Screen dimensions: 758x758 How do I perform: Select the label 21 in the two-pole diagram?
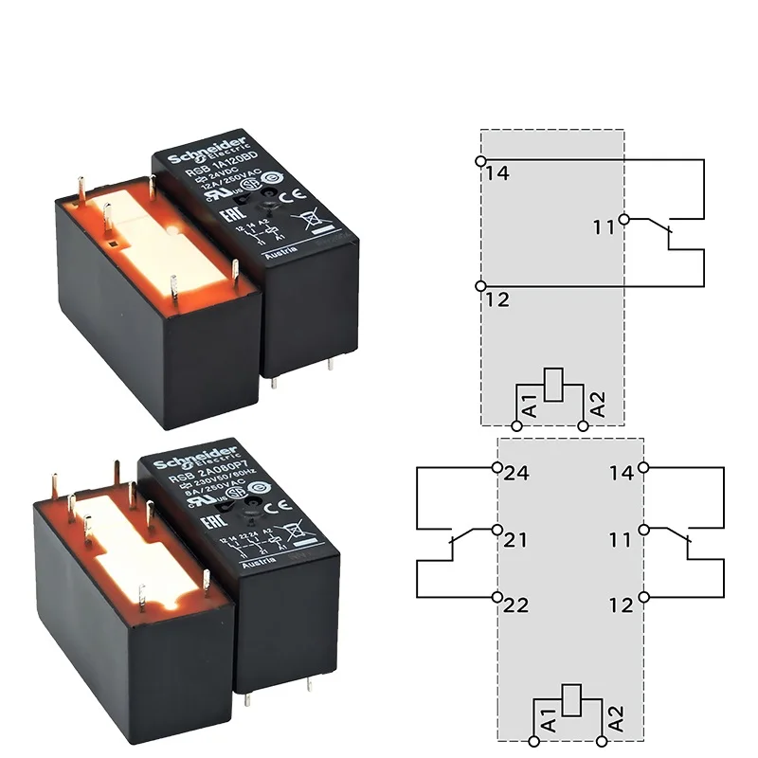click(517, 540)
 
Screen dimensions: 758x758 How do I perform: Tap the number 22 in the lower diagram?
click(517, 605)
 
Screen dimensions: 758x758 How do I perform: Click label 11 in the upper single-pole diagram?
click(604, 226)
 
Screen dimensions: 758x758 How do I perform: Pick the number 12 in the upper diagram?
click(496, 299)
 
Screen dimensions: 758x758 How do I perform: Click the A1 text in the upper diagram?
click(530, 405)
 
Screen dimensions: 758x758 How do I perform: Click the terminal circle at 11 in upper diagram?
click(623, 220)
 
